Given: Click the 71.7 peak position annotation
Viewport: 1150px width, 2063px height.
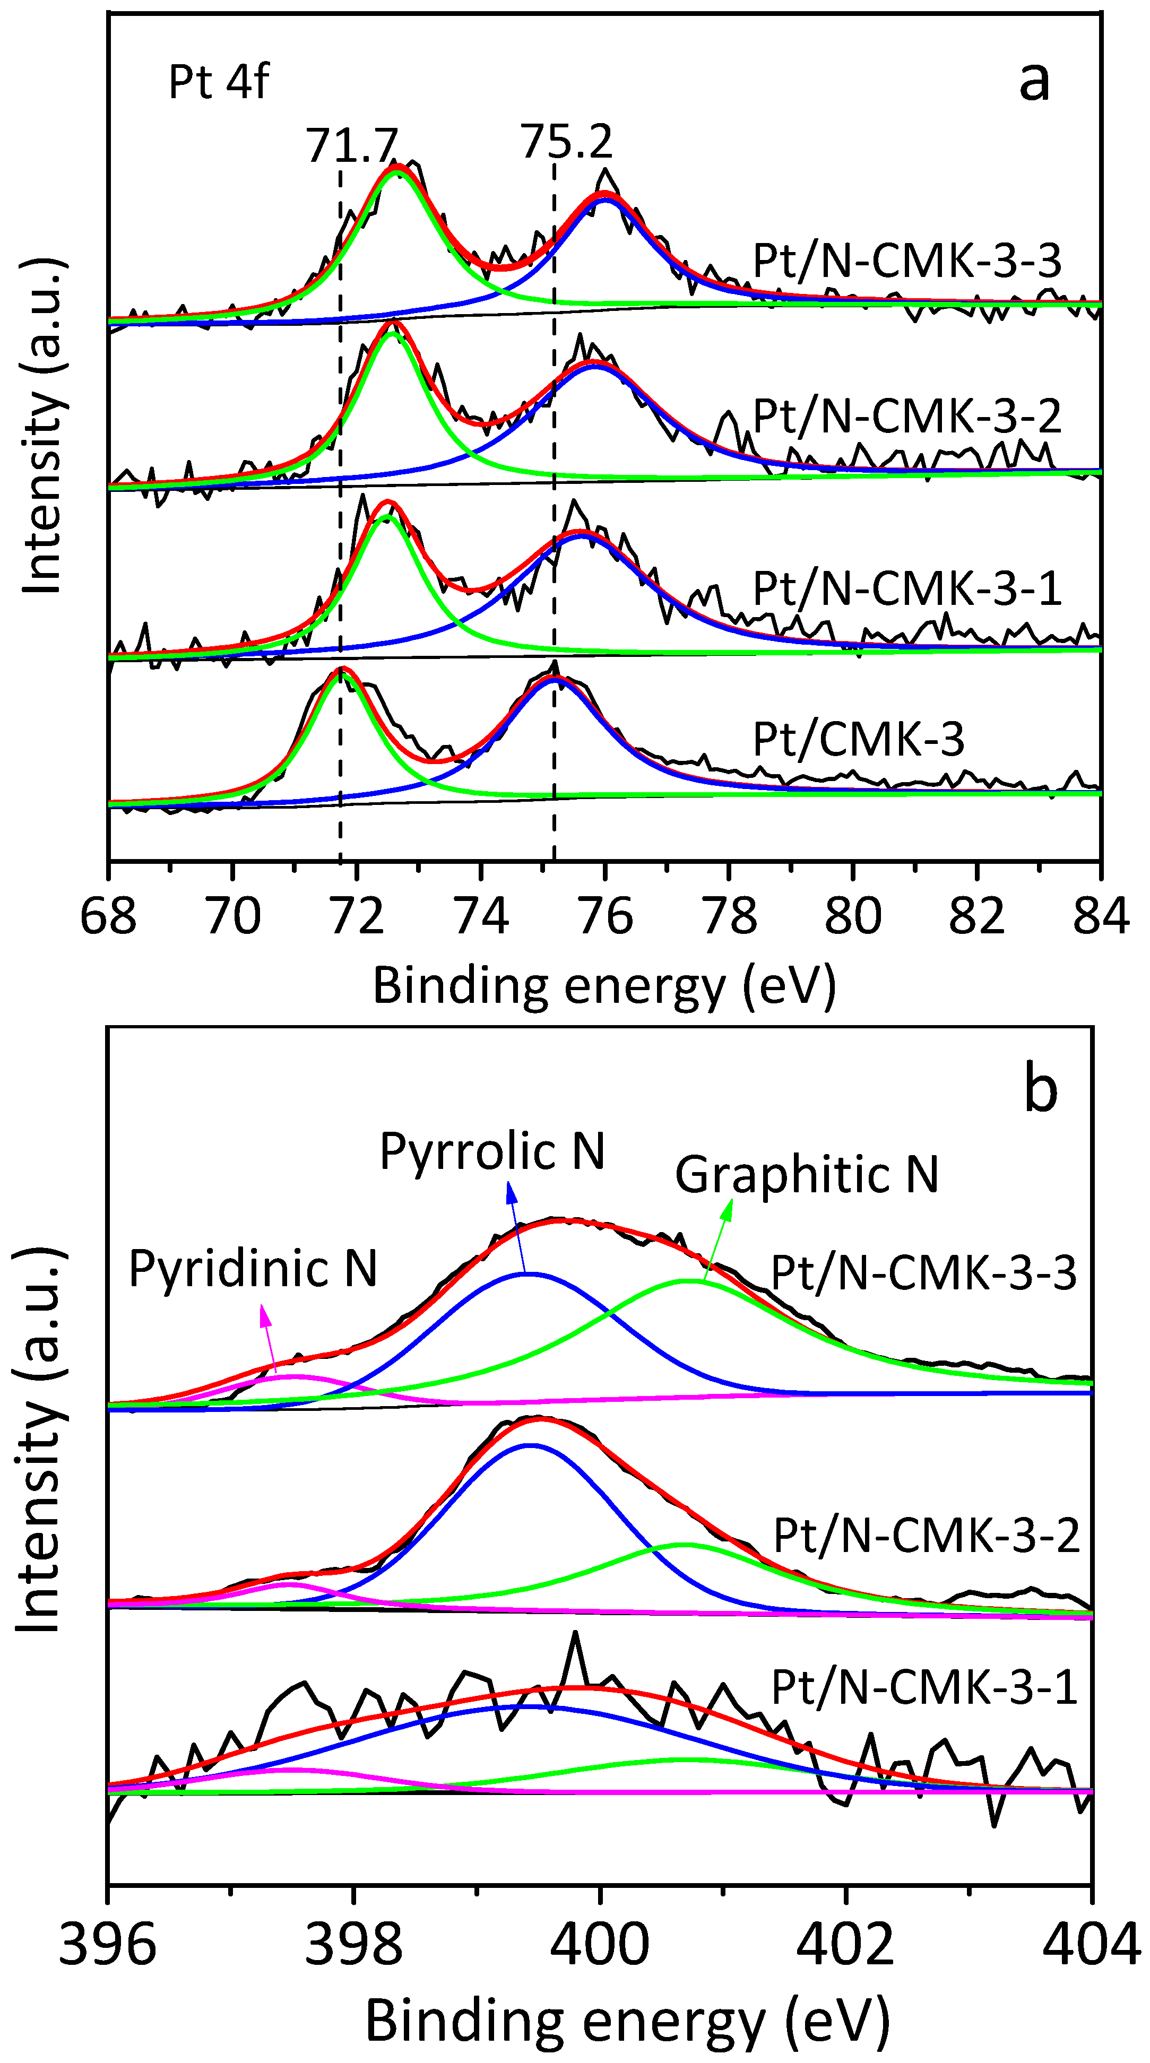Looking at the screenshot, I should tap(352, 145).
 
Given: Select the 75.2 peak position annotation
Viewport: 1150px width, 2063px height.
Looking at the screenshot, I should tap(567, 142).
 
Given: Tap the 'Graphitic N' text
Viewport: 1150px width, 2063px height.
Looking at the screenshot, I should tap(807, 1175).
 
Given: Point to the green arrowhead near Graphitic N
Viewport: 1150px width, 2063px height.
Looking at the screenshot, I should tap(727, 1210).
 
